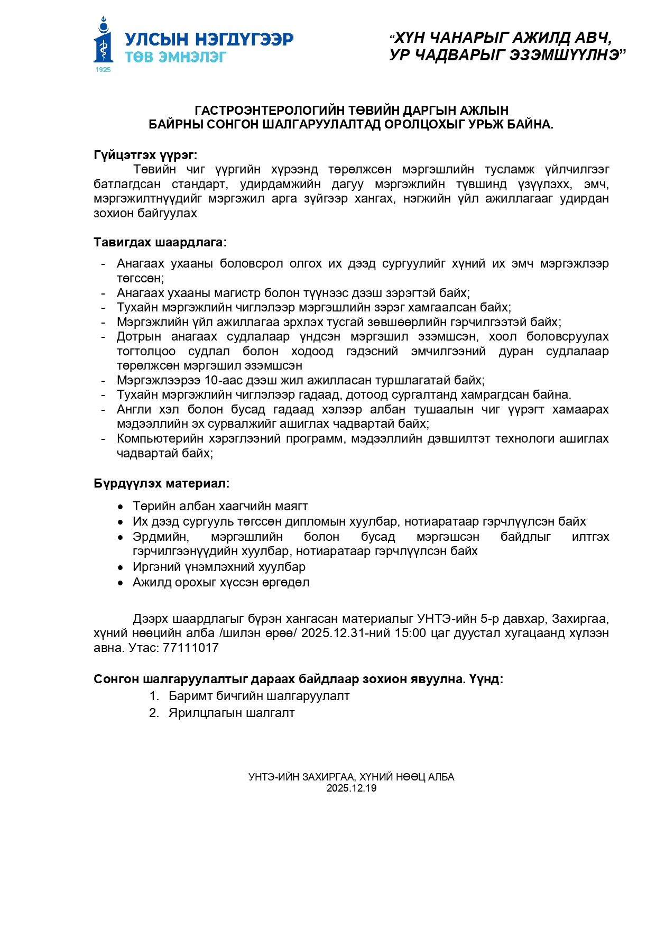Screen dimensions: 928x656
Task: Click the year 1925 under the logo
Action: [x=103, y=69]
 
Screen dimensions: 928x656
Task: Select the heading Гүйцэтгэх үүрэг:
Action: [x=145, y=155]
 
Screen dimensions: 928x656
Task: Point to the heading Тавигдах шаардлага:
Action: [x=160, y=242]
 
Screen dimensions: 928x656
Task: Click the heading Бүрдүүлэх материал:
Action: [x=161, y=483]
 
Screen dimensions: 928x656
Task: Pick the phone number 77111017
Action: [x=191, y=648]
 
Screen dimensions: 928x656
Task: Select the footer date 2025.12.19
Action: [x=352, y=788]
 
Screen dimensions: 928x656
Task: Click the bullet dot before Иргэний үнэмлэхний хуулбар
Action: [x=121, y=567]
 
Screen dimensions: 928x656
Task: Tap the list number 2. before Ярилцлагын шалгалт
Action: [x=154, y=713]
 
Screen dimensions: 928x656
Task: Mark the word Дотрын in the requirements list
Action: [x=139, y=336]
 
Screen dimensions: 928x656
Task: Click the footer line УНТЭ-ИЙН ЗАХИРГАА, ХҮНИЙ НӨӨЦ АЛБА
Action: [x=351, y=777]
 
